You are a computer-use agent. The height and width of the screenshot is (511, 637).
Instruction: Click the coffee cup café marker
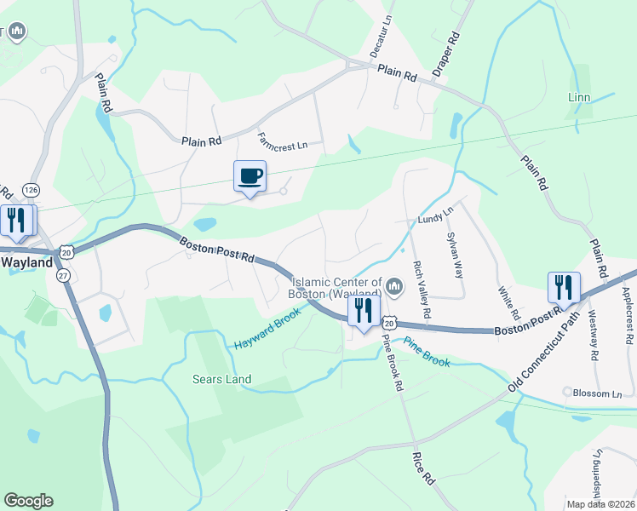click(x=250, y=177)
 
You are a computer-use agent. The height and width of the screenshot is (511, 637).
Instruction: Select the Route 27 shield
click(x=64, y=276)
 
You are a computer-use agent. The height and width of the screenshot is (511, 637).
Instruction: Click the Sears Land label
click(x=221, y=379)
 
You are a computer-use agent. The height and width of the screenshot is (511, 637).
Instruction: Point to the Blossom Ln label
click(x=598, y=394)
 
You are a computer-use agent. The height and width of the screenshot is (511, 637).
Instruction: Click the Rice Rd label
click(x=423, y=469)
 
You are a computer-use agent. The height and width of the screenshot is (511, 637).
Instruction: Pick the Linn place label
click(x=579, y=98)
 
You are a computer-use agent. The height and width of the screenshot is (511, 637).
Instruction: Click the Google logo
click(x=28, y=501)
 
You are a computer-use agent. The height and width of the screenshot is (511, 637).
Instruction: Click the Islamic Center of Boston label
click(x=336, y=288)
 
